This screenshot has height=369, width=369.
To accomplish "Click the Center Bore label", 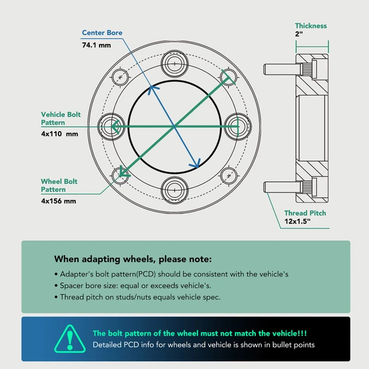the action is click(x=102, y=33).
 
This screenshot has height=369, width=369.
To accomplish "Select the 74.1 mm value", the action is click(x=97, y=45).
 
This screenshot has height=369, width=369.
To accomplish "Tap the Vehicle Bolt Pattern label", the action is click(x=61, y=118).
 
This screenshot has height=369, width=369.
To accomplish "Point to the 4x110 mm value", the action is click(x=60, y=134).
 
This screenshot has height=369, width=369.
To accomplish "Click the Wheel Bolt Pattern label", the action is click(x=59, y=186).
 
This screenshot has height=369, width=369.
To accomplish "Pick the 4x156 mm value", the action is click(x=58, y=201).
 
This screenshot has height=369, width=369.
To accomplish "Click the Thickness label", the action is click(x=311, y=26).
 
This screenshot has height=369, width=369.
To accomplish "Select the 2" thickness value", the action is click(x=299, y=34).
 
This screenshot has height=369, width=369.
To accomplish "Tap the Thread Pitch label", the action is click(x=305, y=213).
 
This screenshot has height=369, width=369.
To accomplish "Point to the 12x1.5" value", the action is click(x=298, y=221).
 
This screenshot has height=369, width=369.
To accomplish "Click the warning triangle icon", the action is click(x=70, y=339).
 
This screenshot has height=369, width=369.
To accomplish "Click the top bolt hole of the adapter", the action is click(x=175, y=63).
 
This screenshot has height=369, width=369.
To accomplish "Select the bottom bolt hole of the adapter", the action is click(x=175, y=190).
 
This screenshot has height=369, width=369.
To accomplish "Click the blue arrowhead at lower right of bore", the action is click(x=196, y=164).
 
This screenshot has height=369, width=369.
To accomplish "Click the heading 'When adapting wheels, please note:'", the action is click(x=133, y=259).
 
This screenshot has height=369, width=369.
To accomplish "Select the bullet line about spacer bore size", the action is click(x=133, y=285).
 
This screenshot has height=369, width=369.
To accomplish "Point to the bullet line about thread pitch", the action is click(x=137, y=297).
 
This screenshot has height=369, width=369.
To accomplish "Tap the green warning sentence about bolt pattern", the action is click(x=200, y=333).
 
